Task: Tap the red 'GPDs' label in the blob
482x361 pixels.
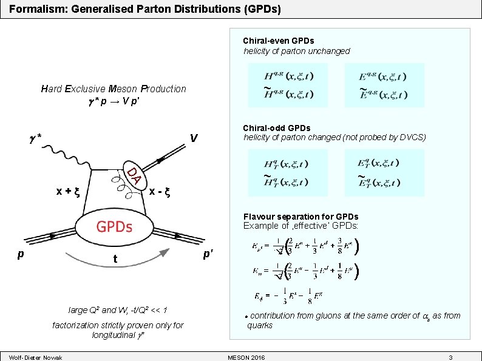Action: [x=115, y=227]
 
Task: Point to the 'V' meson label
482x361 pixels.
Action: [x=193, y=139]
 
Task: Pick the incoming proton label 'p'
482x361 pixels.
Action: [x=21, y=255]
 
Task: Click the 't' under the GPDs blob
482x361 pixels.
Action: [x=114, y=260]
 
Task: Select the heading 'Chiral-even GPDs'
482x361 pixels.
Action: [x=279, y=41]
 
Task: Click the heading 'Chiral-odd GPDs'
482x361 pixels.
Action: [x=276, y=128]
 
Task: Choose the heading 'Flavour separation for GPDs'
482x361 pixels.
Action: [x=300, y=217]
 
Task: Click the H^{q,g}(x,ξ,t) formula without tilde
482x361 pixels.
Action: [x=288, y=76]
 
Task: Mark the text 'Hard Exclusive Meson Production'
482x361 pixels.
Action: [x=114, y=89]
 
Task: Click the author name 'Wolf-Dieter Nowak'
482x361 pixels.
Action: [x=36, y=356]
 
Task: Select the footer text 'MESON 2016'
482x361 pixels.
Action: [x=246, y=356]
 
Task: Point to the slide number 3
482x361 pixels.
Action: [x=450, y=356]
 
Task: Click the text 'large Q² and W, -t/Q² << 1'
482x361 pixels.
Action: [x=118, y=311]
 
